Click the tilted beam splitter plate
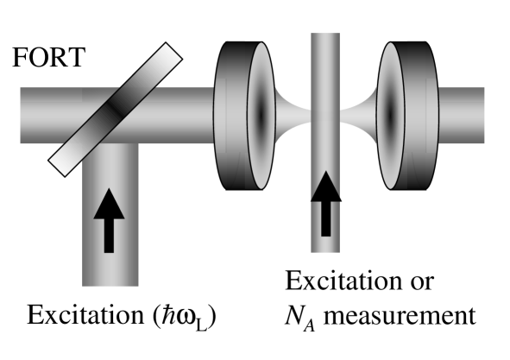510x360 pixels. click(x=114, y=106)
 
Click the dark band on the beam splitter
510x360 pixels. click(x=115, y=107)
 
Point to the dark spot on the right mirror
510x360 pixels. click(x=390, y=111)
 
